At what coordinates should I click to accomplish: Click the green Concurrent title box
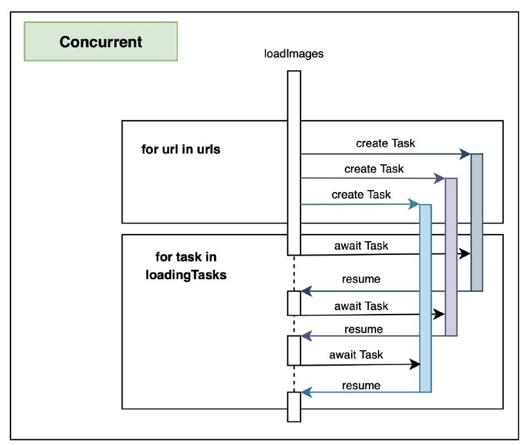(101, 41)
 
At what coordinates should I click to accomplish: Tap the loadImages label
(293, 54)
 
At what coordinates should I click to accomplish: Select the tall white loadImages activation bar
(294, 163)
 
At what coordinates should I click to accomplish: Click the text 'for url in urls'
(181, 149)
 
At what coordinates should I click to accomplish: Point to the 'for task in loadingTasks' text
(186, 266)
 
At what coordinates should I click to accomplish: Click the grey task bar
(477, 222)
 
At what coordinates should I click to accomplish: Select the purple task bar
(451, 257)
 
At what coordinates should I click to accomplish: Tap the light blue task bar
(425, 298)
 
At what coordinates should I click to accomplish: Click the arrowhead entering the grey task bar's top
(465, 154)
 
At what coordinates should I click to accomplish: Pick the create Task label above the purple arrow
(374, 169)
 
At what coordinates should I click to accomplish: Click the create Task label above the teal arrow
(361, 195)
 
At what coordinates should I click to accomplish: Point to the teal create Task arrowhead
(414, 204)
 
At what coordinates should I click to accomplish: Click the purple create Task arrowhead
(440, 178)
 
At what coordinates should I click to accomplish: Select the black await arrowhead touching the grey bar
(465, 254)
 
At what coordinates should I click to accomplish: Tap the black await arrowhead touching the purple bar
(439, 314)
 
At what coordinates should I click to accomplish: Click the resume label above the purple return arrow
(364, 329)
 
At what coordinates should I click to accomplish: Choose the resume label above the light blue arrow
(362, 385)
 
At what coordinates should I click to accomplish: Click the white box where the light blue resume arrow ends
(294, 407)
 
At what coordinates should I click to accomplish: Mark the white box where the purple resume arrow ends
(294, 351)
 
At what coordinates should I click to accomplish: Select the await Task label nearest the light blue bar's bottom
(356, 355)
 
